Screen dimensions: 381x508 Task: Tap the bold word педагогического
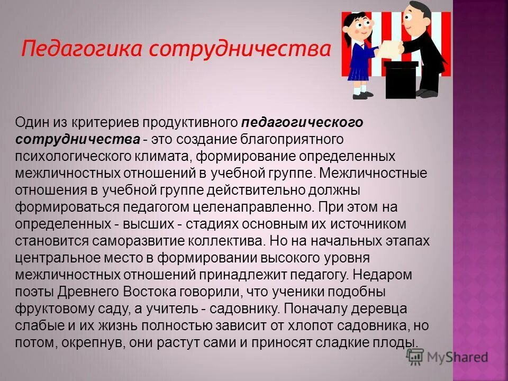[x=303, y=123]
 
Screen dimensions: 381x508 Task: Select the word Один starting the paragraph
[x=34, y=123]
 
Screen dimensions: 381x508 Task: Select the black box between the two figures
[x=400, y=79]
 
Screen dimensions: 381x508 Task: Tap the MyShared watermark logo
[x=447, y=357]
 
